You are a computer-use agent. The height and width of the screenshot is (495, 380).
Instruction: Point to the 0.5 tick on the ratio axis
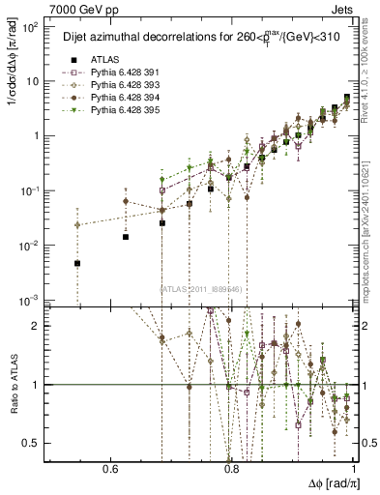[36, 443]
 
